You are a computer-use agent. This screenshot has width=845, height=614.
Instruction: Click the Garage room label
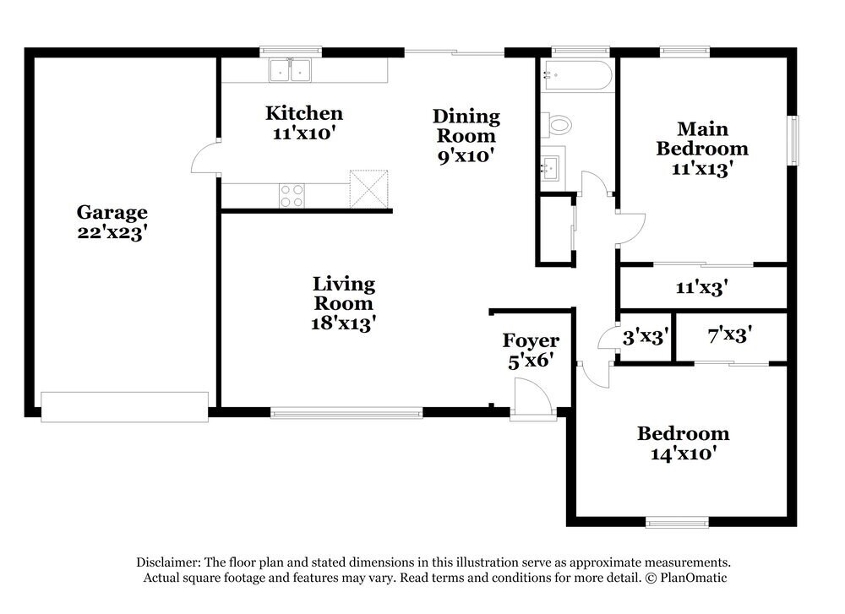click(112, 222)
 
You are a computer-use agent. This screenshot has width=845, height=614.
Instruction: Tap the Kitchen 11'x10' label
click(304, 122)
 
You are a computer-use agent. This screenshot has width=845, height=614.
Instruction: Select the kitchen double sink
click(291, 71)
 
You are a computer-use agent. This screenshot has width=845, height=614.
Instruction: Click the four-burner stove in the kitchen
click(292, 195)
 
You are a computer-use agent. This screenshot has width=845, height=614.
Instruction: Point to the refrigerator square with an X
click(368, 188)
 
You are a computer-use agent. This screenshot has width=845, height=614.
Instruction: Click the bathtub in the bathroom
click(577, 75)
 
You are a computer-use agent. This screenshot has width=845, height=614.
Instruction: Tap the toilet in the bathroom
click(556, 126)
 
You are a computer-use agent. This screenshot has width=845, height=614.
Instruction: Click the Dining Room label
click(466, 136)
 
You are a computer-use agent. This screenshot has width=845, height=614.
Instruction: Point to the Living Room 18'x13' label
click(343, 303)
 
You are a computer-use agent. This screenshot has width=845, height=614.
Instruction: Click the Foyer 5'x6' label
click(531, 350)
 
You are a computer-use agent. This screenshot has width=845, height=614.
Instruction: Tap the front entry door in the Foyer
click(532, 398)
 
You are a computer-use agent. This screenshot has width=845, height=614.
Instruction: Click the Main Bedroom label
click(702, 148)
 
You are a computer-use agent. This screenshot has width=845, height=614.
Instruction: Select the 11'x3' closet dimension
click(701, 288)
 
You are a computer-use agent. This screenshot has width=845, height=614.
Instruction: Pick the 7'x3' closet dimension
click(730, 335)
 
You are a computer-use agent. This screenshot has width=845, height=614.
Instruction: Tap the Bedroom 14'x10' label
click(684, 443)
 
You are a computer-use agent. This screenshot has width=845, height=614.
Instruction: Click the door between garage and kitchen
click(205, 157)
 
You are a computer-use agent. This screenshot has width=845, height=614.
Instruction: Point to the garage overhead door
click(124, 406)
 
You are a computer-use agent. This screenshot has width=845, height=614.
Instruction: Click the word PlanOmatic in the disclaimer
click(694, 578)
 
